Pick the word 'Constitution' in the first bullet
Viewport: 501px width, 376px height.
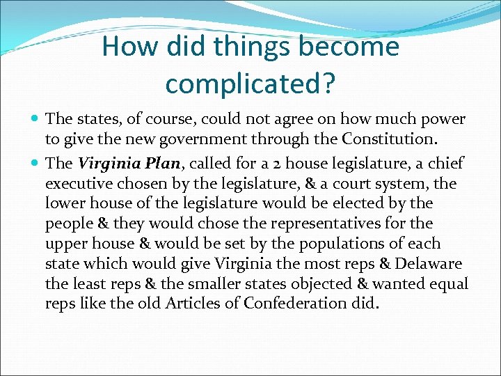click(x=392, y=140)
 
